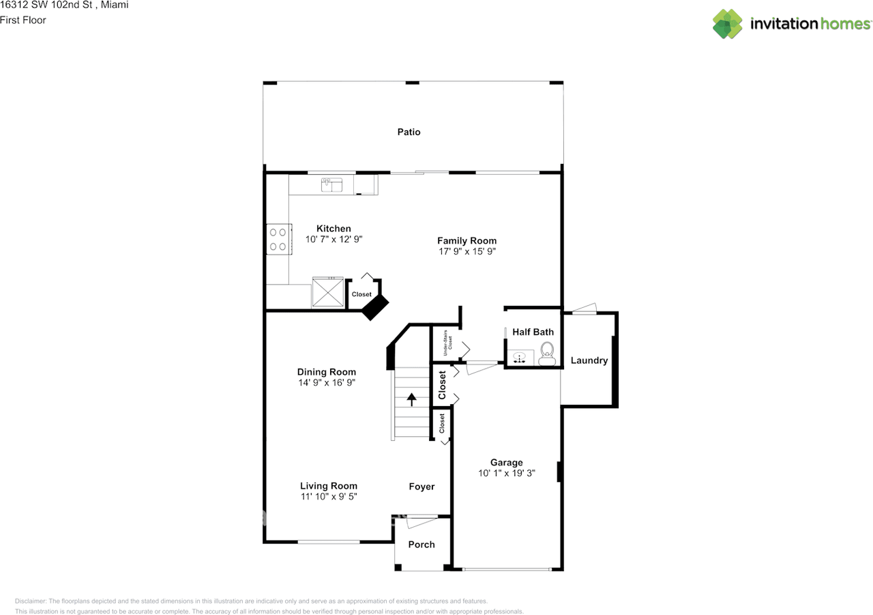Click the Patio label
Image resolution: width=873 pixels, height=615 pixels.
409,132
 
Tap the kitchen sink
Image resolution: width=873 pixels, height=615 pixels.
331,184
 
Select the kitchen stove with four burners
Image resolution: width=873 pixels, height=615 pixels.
278,239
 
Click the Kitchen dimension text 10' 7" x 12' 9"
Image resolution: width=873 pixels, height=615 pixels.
334,240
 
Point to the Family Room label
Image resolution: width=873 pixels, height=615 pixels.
467,240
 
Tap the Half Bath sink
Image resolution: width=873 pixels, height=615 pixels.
520,357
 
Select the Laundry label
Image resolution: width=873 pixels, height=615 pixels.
589,360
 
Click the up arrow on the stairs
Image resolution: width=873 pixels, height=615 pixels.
411,399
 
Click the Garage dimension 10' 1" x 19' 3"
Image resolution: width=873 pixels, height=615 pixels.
506,473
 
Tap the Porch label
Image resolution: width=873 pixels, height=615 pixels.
421,544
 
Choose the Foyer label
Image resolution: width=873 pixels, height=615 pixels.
421,487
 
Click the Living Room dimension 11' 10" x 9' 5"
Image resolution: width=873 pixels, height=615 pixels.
329,496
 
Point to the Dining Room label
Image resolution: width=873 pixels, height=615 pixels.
326,372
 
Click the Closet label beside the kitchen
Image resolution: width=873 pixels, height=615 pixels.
361,294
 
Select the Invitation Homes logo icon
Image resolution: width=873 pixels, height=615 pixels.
728,24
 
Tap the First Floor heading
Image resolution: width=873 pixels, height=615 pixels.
23,20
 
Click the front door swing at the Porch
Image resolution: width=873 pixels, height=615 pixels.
421,522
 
